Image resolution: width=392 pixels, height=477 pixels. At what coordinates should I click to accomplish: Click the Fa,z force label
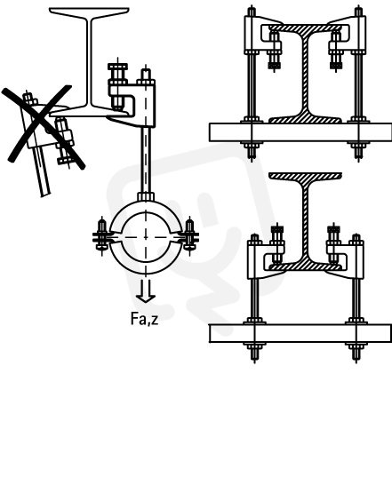144,319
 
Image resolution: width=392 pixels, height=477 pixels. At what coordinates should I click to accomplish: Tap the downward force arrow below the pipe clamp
146,291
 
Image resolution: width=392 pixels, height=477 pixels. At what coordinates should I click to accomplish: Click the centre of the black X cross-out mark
43,125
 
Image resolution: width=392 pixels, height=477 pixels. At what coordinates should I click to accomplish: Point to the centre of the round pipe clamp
146,237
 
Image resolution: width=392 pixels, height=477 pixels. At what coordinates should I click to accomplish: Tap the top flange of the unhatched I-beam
89,12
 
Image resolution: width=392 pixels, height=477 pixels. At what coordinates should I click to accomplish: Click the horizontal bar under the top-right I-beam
300,132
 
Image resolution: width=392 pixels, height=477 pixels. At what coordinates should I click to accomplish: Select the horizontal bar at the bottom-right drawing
300,333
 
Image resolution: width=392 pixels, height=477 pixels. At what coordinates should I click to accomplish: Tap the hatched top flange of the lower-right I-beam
305,176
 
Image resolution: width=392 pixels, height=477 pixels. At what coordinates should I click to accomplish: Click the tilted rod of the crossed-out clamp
42,171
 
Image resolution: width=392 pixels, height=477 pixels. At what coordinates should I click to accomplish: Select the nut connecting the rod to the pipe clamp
146,196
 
